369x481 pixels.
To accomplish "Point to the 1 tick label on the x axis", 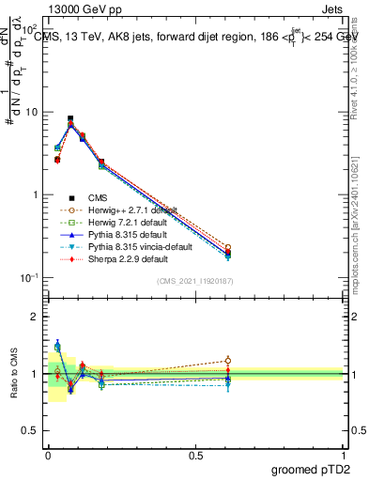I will (344, 454).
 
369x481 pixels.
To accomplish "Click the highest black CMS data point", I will (70, 119).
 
